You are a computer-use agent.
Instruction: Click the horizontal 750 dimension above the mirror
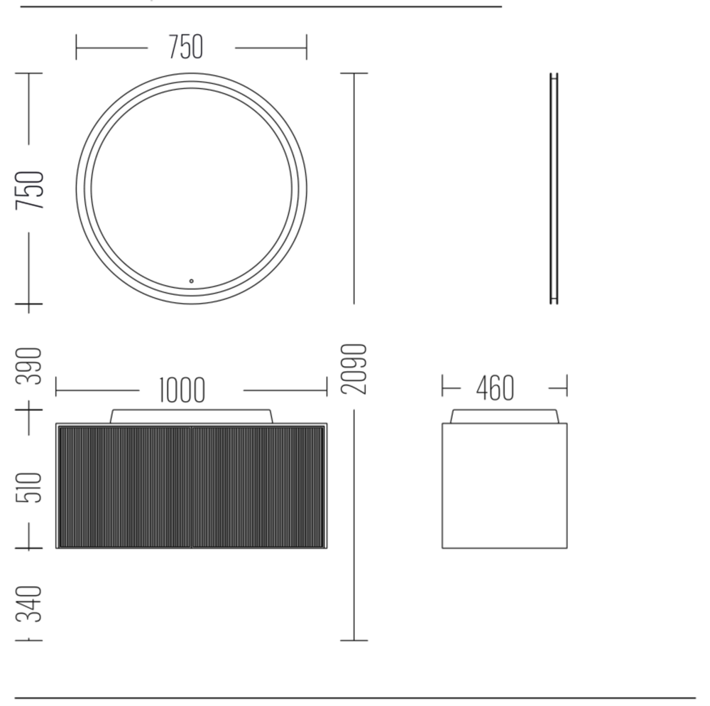point(186,47)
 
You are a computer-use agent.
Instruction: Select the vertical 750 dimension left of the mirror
point(30,190)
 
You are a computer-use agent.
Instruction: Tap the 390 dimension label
point(29,365)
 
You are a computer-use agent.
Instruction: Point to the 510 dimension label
point(29,488)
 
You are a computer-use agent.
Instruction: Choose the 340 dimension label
point(29,604)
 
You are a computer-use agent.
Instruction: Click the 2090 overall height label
point(354,369)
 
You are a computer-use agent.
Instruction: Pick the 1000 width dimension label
point(182,390)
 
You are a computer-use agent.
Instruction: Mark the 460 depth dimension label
point(495,388)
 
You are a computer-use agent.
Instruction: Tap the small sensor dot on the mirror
point(192,281)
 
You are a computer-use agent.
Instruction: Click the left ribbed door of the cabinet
point(125,486)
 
